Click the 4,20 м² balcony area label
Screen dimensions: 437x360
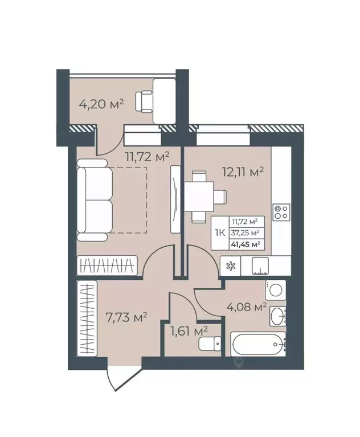[x=101, y=104]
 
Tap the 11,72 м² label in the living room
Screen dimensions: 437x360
[x=145, y=158]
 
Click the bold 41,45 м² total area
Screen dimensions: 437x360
[x=245, y=244]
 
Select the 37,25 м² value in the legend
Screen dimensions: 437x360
[x=245, y=232]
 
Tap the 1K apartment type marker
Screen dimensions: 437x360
[x=219, y=232]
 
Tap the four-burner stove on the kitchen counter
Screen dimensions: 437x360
[x=281, y=213]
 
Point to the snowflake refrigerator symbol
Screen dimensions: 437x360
[x=230, y=266]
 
